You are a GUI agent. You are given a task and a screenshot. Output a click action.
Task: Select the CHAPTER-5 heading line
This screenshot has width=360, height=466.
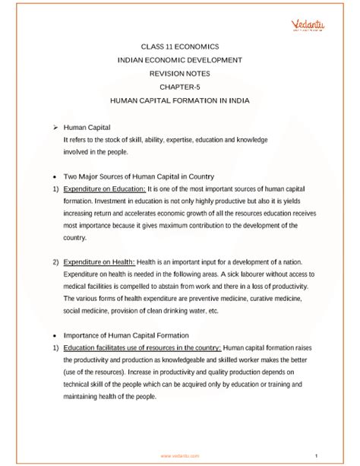(x=180, y=86)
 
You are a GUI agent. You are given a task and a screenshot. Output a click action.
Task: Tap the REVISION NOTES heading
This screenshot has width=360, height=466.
(x=180, y=72)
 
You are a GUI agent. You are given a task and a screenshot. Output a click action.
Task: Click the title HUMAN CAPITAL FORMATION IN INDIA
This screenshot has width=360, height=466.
(x=180, y=100)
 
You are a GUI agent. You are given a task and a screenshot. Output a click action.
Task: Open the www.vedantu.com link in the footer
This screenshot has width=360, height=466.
(x=180, y=455)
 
